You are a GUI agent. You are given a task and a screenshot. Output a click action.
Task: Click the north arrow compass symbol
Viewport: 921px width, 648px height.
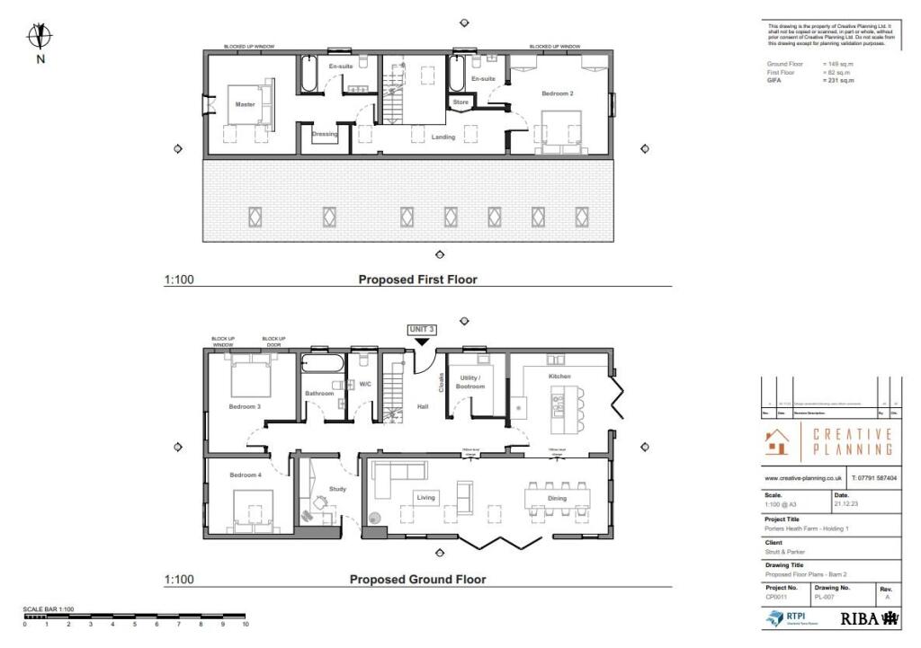[40, 37]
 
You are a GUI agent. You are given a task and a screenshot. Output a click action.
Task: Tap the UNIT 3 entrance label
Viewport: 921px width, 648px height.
[422, 330]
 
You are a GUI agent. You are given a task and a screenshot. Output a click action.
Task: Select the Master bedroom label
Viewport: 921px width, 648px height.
[245, 104]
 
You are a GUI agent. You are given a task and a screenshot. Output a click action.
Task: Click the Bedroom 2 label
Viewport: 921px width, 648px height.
[557, 93]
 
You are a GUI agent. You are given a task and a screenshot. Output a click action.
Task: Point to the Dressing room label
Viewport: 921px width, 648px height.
[324, 135]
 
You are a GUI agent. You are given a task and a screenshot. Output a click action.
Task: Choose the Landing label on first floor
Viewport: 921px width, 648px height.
[443, 137]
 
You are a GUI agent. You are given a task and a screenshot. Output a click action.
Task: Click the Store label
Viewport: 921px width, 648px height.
[460, 102]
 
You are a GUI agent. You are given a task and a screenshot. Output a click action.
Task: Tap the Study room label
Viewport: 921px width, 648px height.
[336, 489]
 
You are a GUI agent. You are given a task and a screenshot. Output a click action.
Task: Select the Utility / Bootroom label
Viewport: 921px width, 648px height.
[471, 382]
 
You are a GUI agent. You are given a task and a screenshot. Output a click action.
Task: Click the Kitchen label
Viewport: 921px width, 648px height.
[559, 375]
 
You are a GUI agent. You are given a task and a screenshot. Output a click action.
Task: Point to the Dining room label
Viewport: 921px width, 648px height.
[557, 497]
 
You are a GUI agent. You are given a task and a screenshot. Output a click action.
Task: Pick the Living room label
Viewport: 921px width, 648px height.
[425, 496]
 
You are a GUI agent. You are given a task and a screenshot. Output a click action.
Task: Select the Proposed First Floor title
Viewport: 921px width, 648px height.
[417, 280]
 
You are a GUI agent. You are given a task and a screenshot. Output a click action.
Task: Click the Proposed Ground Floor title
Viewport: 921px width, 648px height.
[417, 580]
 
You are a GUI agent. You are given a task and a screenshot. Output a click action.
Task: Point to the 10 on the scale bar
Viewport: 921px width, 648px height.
[245, 624]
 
